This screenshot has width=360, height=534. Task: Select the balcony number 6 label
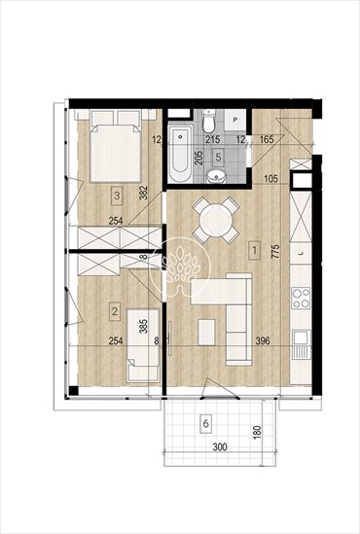tap(205, 424)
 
